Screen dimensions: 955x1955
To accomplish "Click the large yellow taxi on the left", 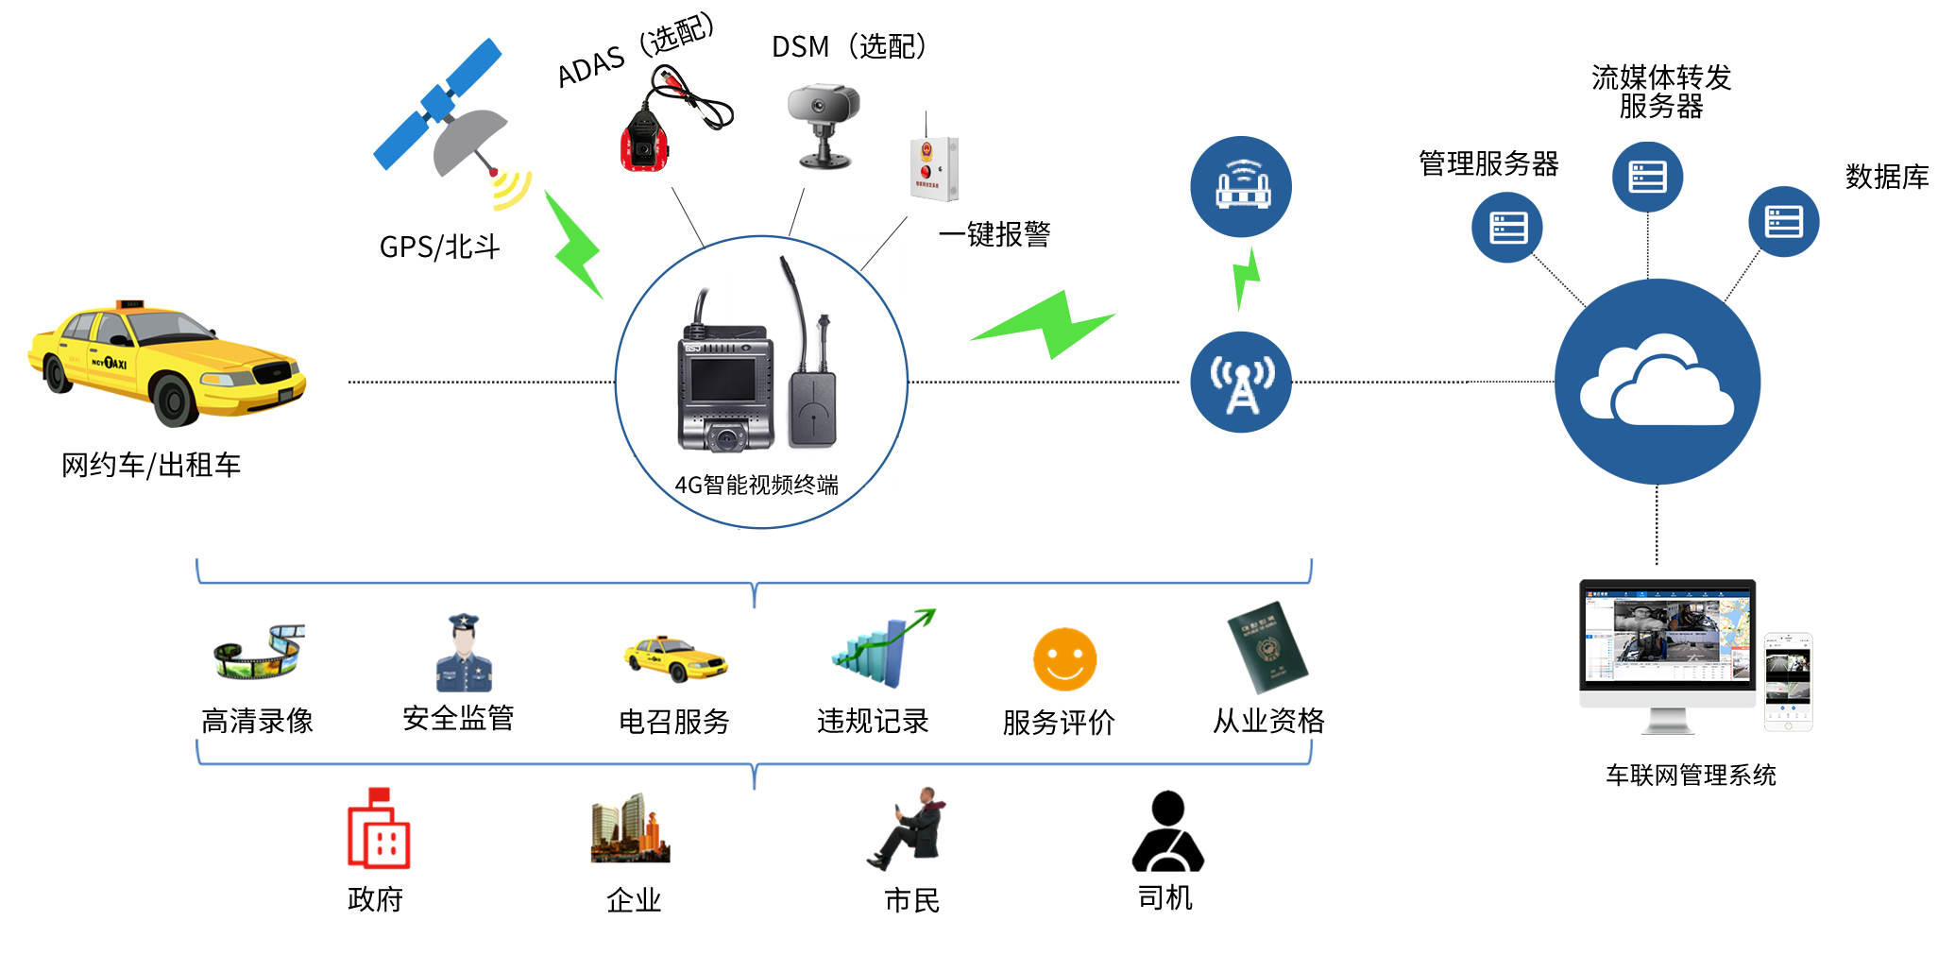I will (x=165, y=364).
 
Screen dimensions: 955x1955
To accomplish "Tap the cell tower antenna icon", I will (x=1241, y=382).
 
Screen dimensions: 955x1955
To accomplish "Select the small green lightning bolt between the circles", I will (x=1246, y=279).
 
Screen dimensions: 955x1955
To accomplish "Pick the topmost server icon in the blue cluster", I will (x=1647, y=177).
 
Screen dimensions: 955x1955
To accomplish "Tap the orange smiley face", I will (x=1065, y=652).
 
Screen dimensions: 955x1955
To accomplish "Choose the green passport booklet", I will (x=1267, y=647).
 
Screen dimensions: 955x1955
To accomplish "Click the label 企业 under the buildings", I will (x=634, y=899).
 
